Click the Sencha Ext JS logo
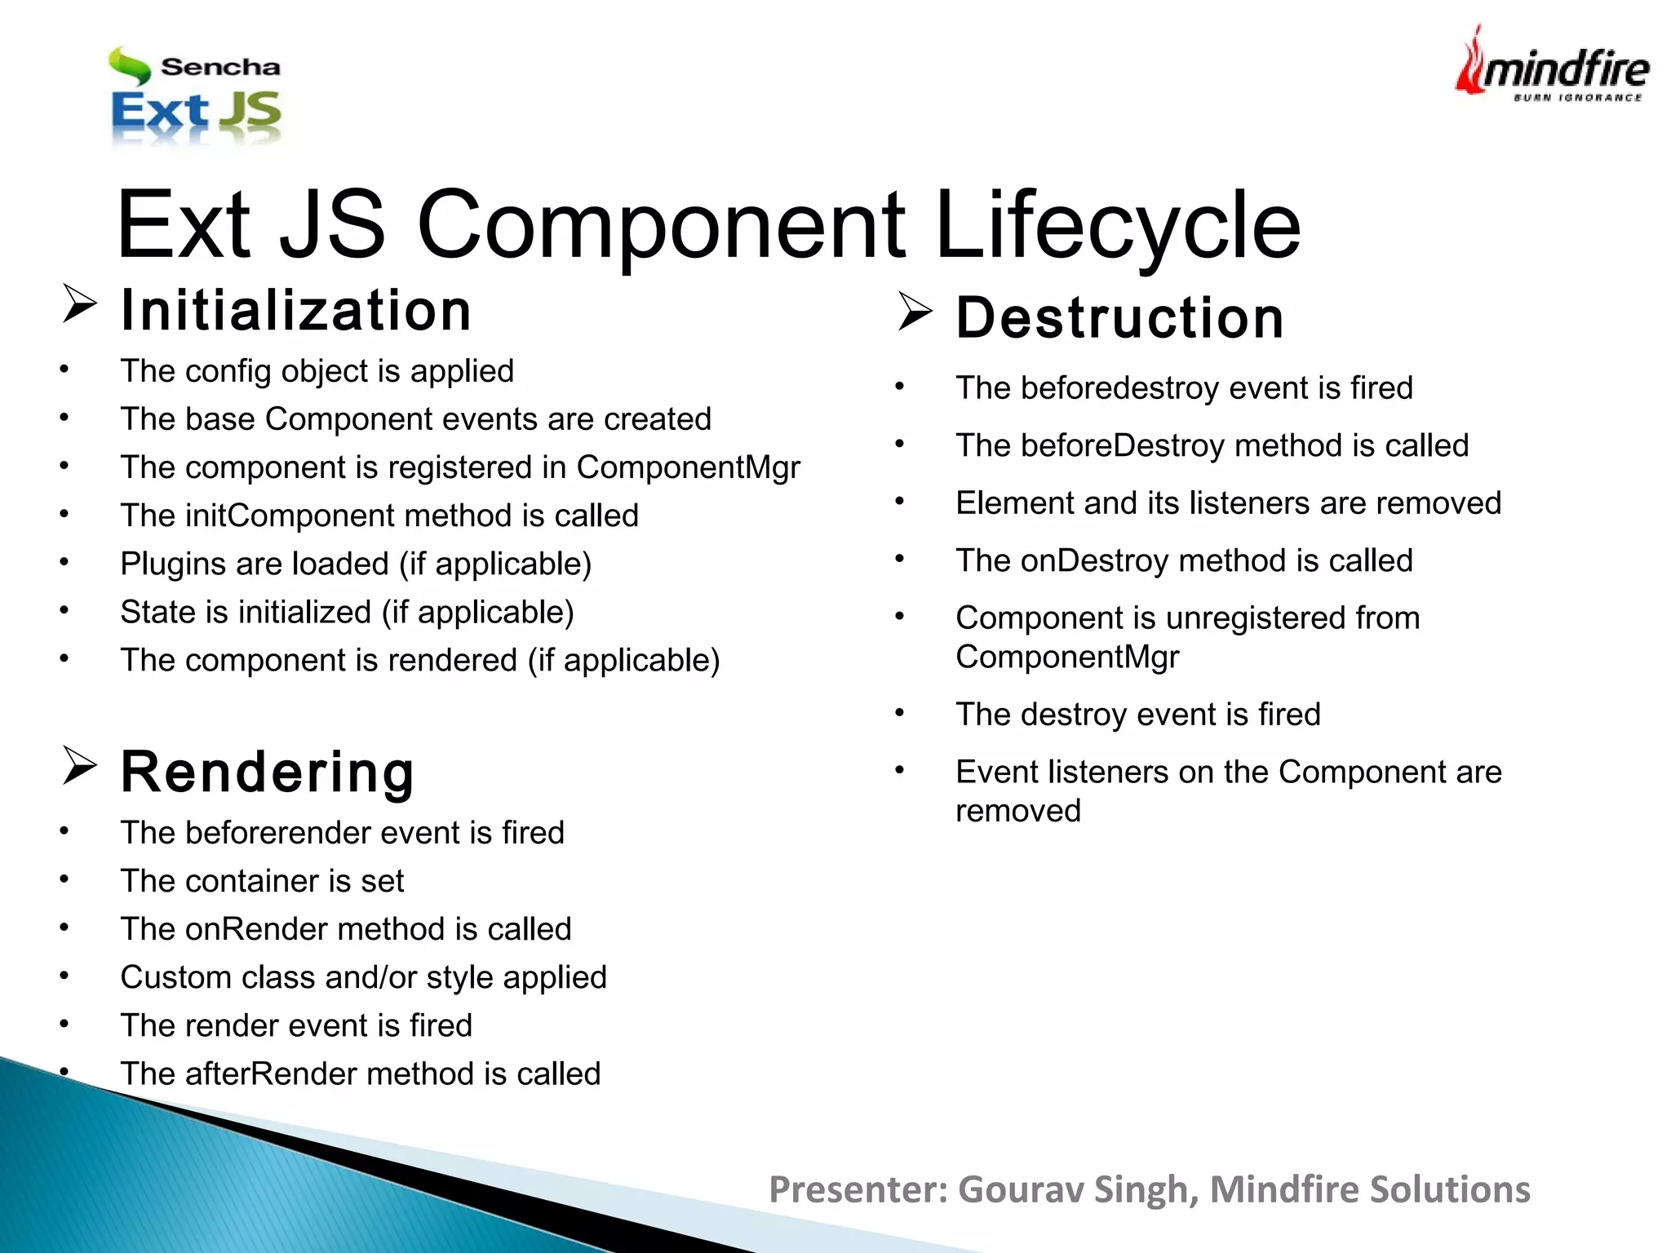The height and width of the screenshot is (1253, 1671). pos(196,96)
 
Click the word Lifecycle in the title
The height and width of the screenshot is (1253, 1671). pos(1117,224)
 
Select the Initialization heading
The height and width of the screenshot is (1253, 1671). pos(295,311)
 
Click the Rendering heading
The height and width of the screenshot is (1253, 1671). pos(268,772)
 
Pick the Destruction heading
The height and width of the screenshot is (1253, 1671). pos(1120,317)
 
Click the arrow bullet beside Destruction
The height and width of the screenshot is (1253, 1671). pos(914,312)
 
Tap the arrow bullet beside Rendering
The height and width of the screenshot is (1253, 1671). pos(79,766)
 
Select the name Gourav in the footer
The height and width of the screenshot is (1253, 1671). pos(1020,1189)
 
